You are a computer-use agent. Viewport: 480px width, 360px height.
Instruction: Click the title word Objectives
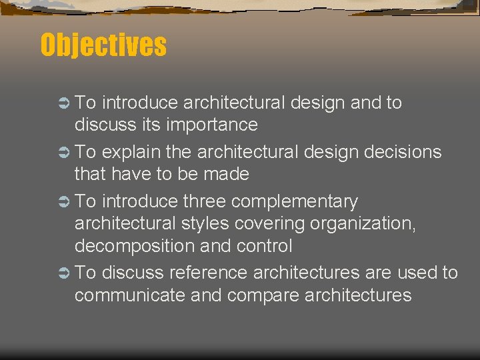(103, 45)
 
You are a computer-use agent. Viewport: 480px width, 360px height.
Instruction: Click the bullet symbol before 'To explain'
(63, 152)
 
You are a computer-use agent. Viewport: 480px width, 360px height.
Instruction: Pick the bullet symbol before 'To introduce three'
(63, 201)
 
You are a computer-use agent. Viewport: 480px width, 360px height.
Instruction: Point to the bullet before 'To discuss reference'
(63, 273)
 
